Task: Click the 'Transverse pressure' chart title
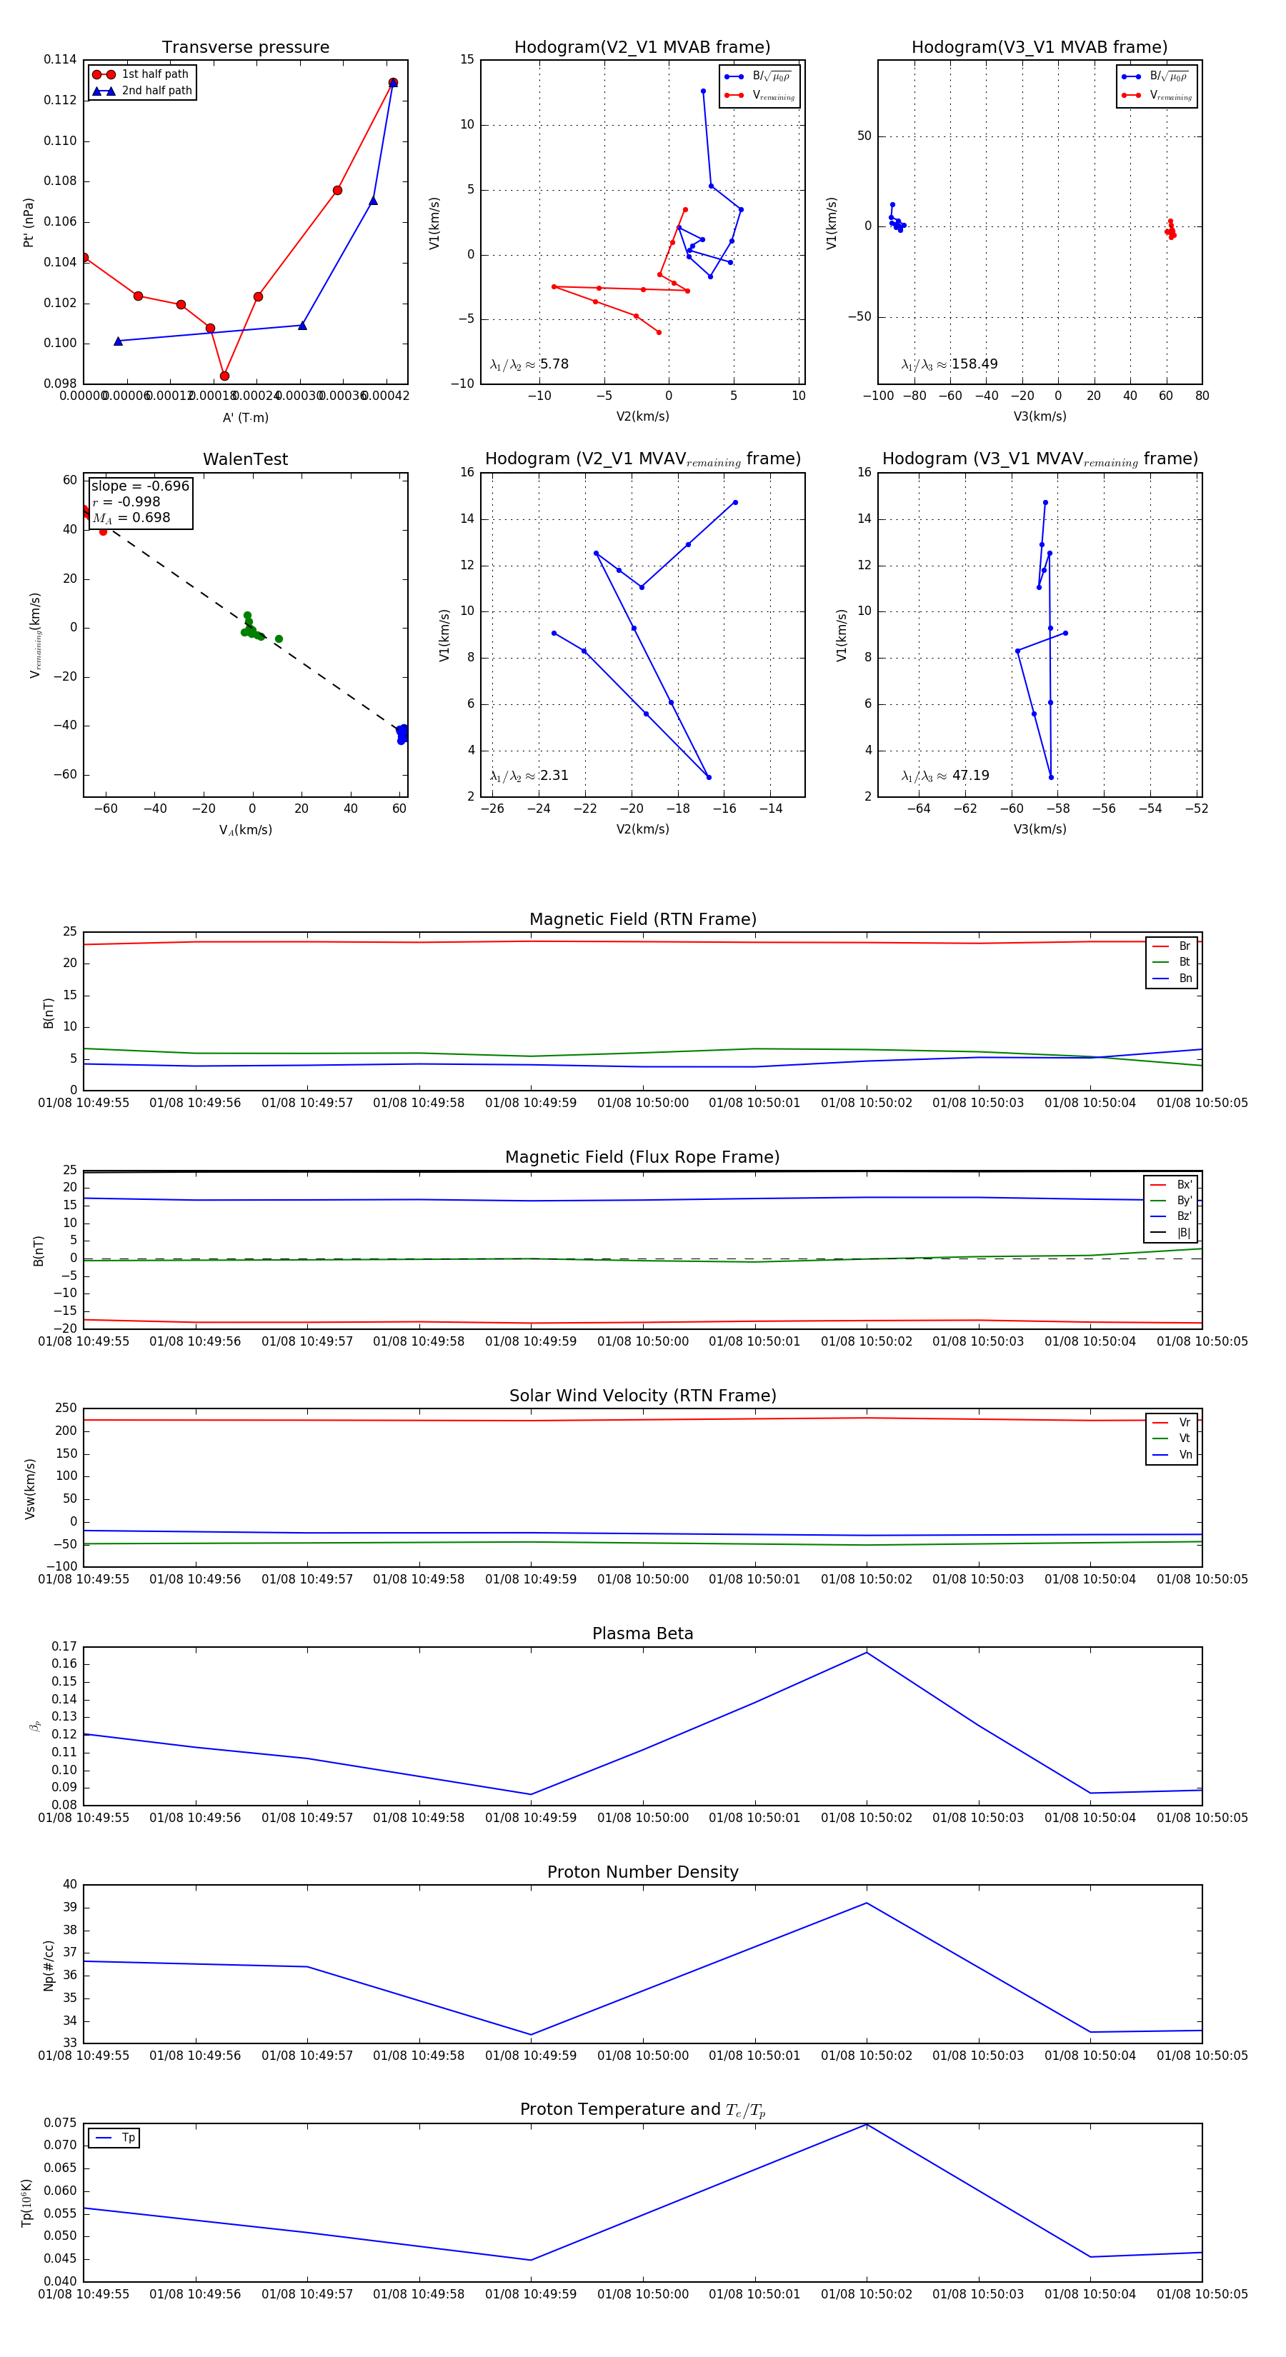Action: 245,48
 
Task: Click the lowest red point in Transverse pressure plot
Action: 224,376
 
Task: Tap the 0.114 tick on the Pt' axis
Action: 61,59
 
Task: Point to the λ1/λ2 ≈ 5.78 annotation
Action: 529,364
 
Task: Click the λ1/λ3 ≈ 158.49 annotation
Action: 949,364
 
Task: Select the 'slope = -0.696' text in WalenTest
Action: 140,486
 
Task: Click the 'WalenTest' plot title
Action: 245,459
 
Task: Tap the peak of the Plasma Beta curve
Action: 867,1651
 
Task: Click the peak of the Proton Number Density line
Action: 867,1903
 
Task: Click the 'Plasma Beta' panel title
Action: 642,1633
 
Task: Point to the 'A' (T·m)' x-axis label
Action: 245,417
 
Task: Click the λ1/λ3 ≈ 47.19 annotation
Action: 944,776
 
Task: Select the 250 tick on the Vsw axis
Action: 66,1408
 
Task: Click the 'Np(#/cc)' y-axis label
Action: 49,1966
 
